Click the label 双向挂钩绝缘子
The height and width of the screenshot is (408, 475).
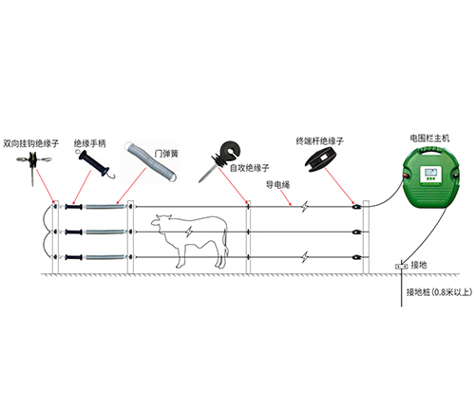[x=31, y=143]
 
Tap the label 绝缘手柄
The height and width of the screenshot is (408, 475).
[x=90, y=143]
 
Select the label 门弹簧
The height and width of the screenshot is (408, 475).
[x=166, y=154]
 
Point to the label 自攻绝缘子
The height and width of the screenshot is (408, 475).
[x=250, y=168]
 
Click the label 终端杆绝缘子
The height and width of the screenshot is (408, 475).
[x=319, y=140]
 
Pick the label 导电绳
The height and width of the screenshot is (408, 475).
[x=277, y=185]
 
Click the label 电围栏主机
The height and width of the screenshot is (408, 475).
[x=429, y=139]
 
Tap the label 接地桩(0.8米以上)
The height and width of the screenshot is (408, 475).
[x=439, y=292]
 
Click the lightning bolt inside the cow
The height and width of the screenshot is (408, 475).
[x=189, y=232]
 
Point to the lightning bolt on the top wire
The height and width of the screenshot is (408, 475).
[x=305, y=207]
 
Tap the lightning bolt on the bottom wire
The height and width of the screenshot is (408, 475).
[x=305, y=257]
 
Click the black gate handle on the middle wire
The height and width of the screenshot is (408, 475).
[x=74, y=232]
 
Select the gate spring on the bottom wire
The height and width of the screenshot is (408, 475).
[x=104, y=257]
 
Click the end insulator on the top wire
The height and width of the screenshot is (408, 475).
[x=356, y=207]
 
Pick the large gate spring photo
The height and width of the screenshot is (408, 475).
[x=150, y=161]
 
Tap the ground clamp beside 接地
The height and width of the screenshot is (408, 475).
[x=401, y=267]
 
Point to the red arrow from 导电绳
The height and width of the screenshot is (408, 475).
[x=285, y=198]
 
